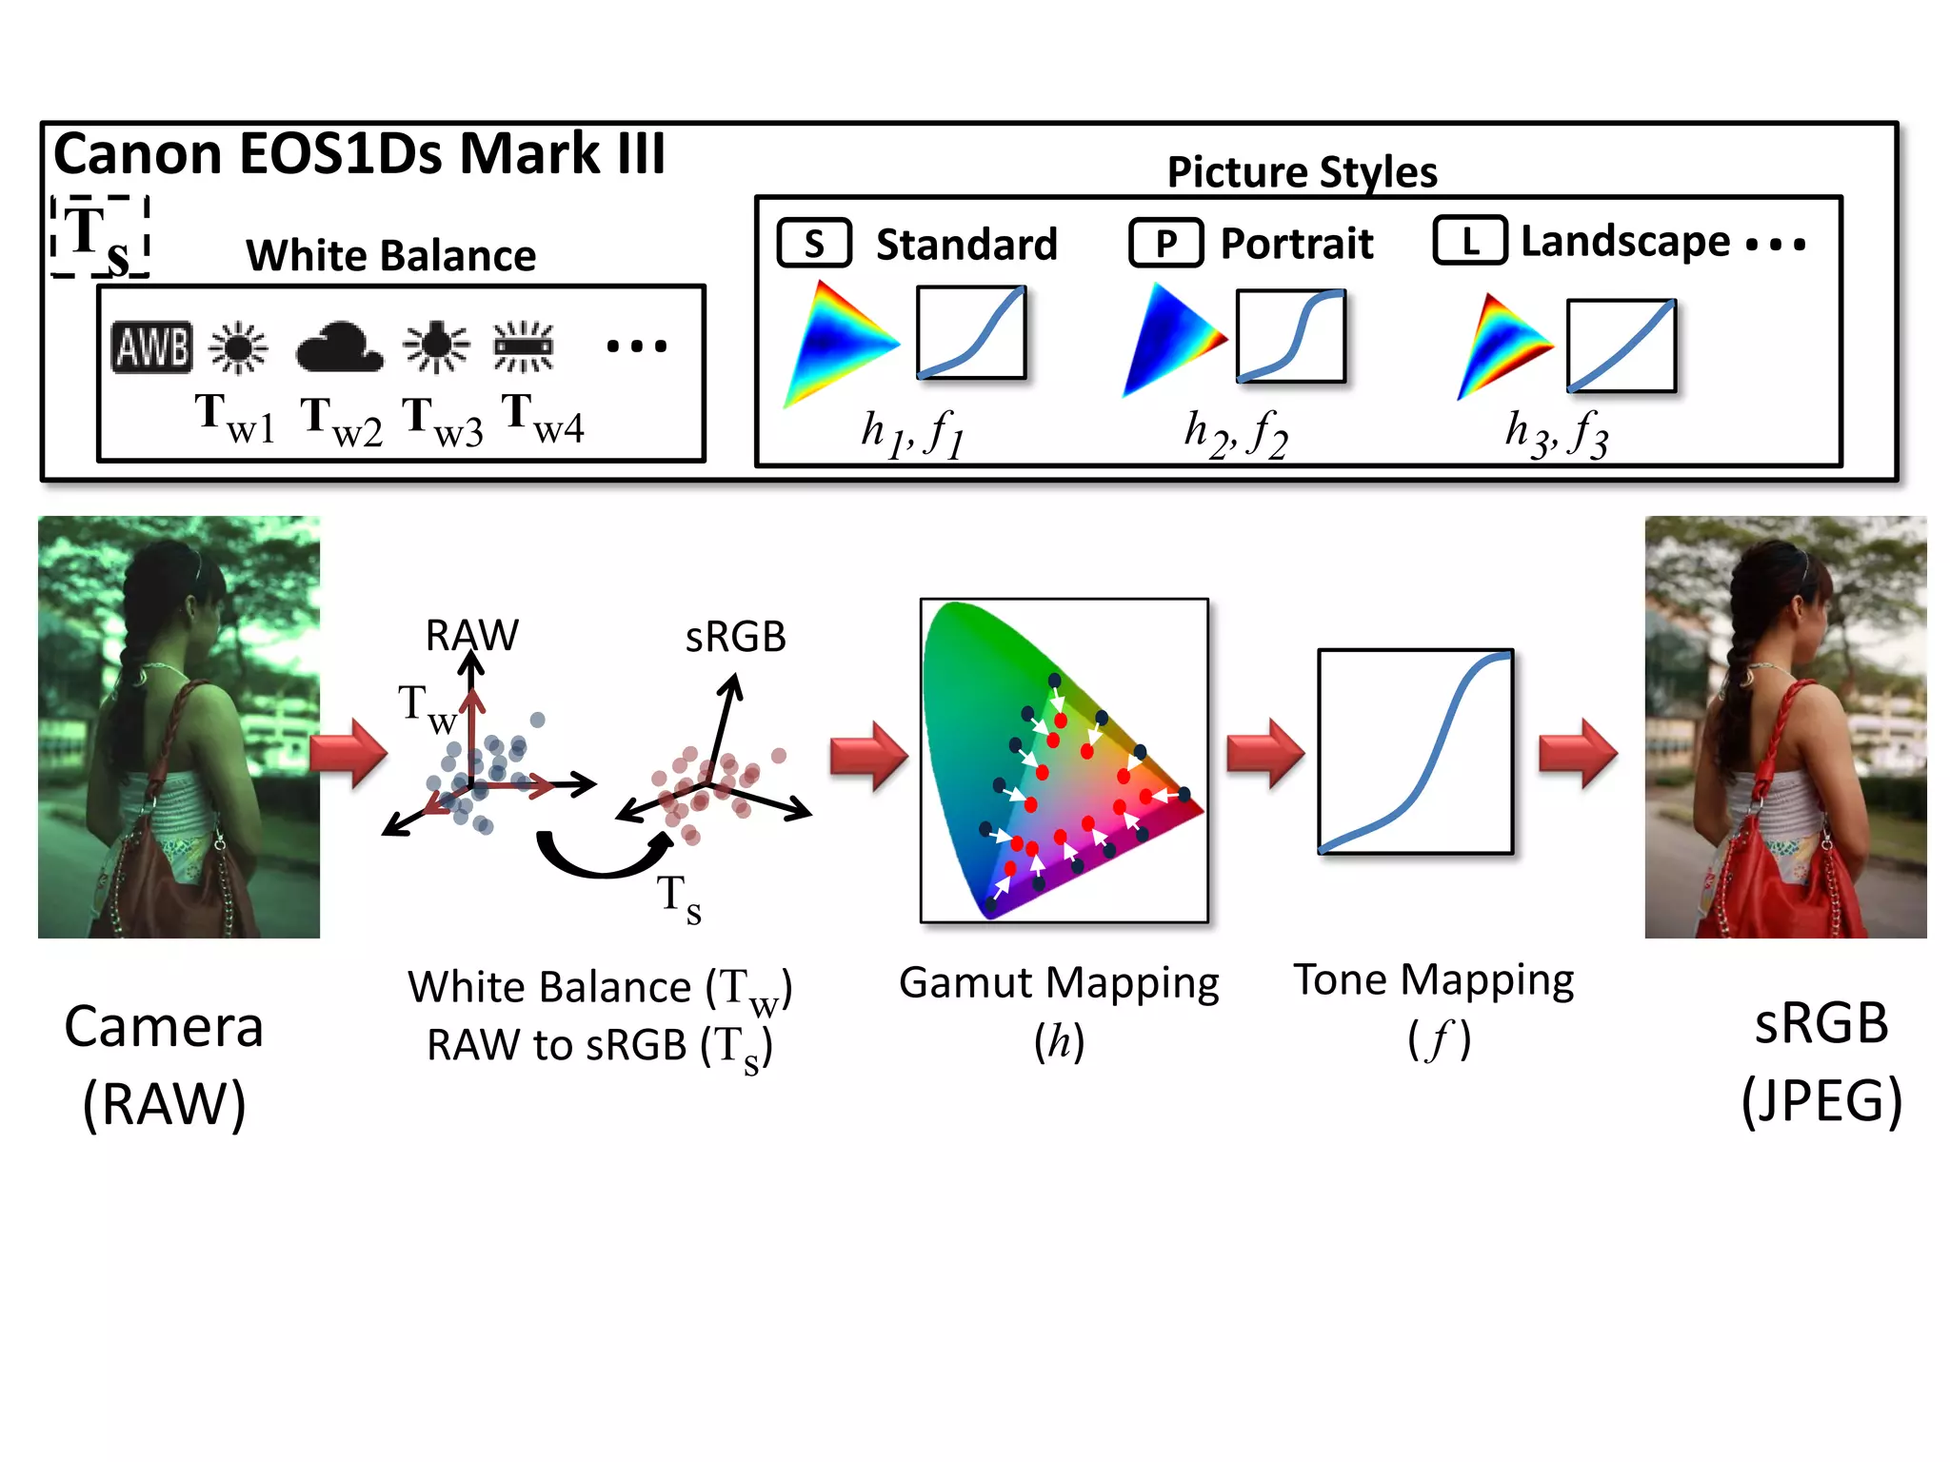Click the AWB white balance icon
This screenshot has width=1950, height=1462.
click(152, 346)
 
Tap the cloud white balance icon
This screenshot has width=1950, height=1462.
click(339, 347)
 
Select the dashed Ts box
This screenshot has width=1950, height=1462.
click(100, 237)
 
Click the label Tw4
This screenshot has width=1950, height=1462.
click(543, 419)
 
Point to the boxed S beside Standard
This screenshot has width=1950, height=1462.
click(814, 244)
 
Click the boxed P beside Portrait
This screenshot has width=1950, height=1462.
click(1165, 244)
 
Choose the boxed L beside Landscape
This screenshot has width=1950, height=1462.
click(1469, 241)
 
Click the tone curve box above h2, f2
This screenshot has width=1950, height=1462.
click(1290, 336)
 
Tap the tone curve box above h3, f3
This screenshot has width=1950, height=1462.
click(1621, 346)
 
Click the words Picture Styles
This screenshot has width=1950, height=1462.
click(1302, 172)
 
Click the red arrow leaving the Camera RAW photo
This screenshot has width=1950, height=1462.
click(348, 752)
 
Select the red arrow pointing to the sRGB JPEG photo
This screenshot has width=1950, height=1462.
click(1578, 752)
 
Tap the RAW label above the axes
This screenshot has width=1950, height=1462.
click(471, 635)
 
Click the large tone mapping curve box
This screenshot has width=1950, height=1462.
click(1415, 752)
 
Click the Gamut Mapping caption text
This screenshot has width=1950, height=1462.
click(1059, 983)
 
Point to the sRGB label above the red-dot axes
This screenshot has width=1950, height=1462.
click(735, 637)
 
